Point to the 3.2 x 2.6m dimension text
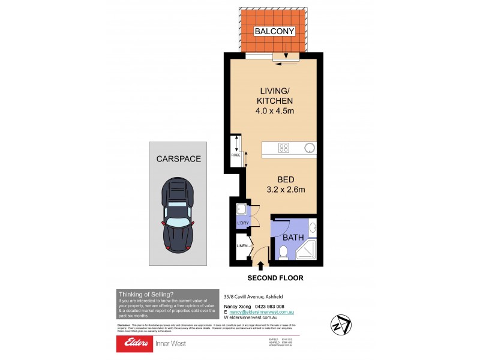pyautogui.click(x=286, y=190)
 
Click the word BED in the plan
pyautogui.click(x=286, y=179)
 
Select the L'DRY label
pyautogui.click(x=243, y=223)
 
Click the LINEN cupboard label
pyautogui.click(x=242, y=246)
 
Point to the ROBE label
pyautogui.click(x=236, y=155)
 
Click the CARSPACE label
pyautogui.click(x=178, y=159)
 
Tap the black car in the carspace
pyautogui.click(x=178, y=214)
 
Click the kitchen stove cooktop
pyautogui.click(x=284, y=148)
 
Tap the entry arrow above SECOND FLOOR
pyautogui.click(x=261, y=265)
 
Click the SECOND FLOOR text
pyautogui.click(x=275, y=278)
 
